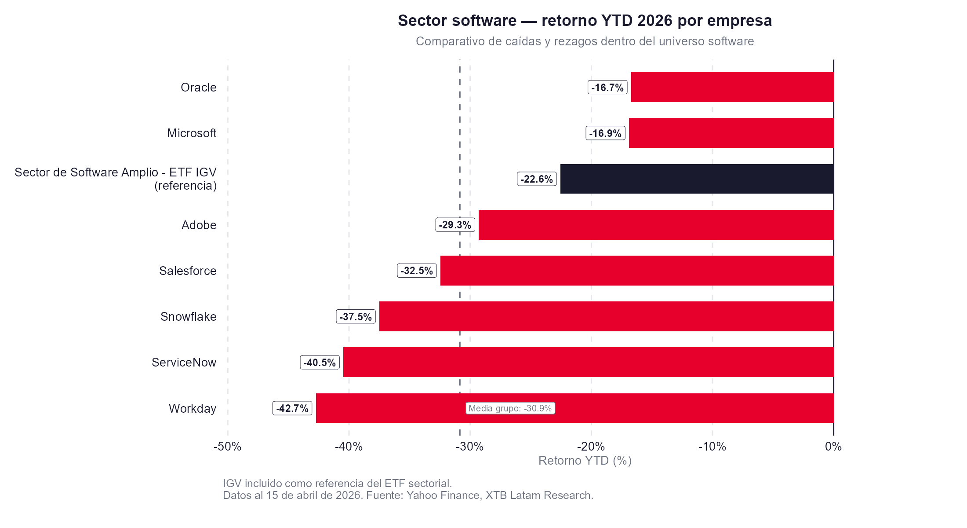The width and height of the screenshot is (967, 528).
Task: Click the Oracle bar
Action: click(x=732, y=87)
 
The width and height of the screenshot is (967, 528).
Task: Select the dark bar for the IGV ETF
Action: click(x=697, y=179)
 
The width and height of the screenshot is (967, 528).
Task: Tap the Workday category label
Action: click(x=193, y=408)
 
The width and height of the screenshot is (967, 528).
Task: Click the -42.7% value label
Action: click(x=292, y=408)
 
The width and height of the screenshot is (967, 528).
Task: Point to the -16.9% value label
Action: click(x=605, y=133)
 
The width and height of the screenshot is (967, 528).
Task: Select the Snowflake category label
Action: click(x=188, y=316)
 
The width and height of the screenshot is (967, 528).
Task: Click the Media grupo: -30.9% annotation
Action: click(x=510, y=408)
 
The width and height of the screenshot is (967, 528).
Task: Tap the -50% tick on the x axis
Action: click(x=228, y=447)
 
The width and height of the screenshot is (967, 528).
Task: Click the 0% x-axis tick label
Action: click(x=833, y=447)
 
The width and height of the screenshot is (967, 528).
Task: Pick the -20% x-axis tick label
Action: click(x=591, y=447)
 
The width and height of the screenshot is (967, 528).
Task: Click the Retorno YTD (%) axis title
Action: click(x=585, y=461)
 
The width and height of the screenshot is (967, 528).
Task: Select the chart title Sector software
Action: click(x=585, y=21)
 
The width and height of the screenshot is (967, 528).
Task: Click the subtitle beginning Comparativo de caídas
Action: click(x=585, y=41)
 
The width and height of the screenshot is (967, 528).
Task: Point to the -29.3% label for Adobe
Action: click(x=455, y=225)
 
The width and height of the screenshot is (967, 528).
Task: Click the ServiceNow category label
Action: click(x=184, y=362)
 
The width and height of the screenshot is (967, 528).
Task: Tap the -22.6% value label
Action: click(x=537, y=179)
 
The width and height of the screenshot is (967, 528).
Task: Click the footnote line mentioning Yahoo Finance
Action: click(x=408, y=495)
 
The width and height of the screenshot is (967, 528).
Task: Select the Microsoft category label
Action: click(x=192, y=133)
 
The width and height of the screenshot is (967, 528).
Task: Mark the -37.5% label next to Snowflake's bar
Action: click(x=356, y=317)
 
